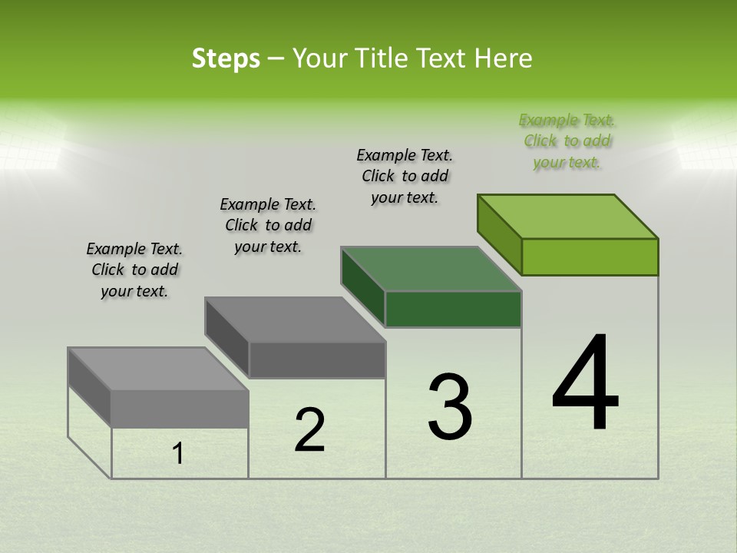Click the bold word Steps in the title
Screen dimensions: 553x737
(x=226, y=58)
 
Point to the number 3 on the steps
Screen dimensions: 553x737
(x=449, y=407)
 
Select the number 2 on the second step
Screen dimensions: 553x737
(x=309, y=430)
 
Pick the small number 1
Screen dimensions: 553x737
(x=178, y=454)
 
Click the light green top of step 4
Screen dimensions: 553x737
(x=568, y=216)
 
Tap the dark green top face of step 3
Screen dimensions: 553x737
(x=431, y=269)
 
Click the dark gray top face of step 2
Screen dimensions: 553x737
(x=295, y=320)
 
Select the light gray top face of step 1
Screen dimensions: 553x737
(x=158, y=369)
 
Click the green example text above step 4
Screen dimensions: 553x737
(x=567, y=141)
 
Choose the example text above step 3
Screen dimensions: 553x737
(x=405, y=176)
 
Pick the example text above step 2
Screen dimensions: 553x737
(x=268, y=225)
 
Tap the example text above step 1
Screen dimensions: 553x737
(x=134, y=270)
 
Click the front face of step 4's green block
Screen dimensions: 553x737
(x=590, y=257)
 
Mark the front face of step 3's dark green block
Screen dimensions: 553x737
(x=453, y=310)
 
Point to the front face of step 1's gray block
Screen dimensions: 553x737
(x=180, y=409)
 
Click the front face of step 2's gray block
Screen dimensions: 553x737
(x=317, y=359)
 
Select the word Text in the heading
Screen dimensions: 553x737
(x=444, y=58)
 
